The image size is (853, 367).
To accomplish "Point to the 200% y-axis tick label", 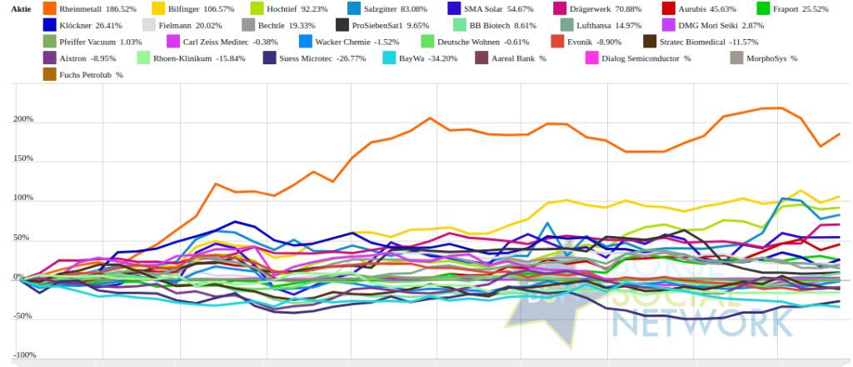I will pos(22,119).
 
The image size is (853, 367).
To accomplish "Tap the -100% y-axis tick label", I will pos(22,355).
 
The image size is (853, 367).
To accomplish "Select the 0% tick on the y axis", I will pos(28,277).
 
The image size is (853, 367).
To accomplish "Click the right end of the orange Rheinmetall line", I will pos(839,133).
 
